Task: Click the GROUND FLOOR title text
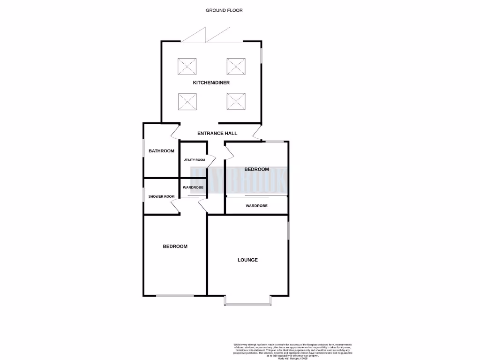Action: click(224, 10)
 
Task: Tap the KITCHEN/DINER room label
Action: click(211, 83)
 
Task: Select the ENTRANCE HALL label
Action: click(217, 134)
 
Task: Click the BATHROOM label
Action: click(161, 151)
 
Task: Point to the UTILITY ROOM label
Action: click(194, 160)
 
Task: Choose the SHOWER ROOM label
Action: click(161, 196)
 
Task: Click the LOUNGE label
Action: click(247, 260)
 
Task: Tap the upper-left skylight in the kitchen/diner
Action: click(187, 67)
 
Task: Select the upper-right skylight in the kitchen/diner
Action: click(236, 67)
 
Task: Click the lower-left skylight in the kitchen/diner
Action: click(187, 102)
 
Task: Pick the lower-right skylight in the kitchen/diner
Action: click(236, 102)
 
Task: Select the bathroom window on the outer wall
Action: click(144, 151)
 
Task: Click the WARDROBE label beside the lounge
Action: click(256, 206)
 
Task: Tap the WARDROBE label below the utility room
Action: click(193, 187)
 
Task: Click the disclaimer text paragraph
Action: click(292, 351)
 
